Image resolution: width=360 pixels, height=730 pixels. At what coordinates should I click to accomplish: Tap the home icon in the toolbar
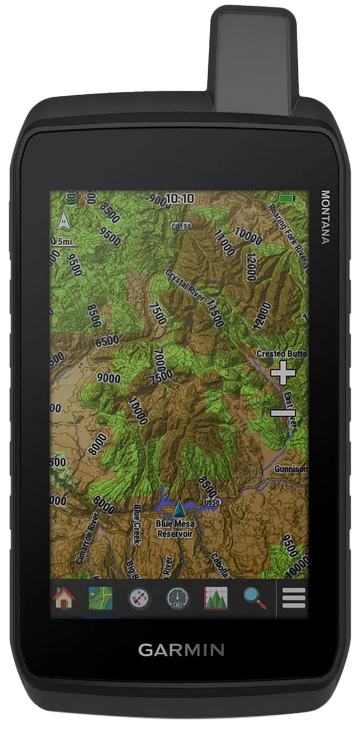pos(64,598)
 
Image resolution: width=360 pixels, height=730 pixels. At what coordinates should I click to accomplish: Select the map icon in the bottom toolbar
pos(100,598)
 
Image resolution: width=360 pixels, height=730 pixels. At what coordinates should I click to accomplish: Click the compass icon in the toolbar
pos(139,598)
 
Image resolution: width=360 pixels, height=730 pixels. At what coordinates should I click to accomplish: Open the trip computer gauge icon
pos(177,598)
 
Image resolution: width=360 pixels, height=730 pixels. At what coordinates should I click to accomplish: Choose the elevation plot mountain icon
pos(216,598)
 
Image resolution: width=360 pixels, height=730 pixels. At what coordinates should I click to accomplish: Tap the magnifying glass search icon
pos(254,598)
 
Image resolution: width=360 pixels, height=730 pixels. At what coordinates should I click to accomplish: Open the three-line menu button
pos(294,598)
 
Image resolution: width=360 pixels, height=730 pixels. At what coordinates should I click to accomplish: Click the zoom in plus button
pos(282,374)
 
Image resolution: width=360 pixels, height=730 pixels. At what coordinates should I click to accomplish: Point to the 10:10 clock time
pos(180,198)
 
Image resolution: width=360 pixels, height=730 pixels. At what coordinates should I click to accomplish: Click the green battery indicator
pos(286,198)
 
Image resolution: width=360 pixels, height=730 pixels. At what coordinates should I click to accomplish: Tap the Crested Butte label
pos(282,354)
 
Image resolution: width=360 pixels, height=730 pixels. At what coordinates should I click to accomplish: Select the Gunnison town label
pos(290,469)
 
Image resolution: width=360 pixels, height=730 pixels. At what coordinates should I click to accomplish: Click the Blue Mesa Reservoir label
pos(175,529)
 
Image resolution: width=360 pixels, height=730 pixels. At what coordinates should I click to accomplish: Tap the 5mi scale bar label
pos(66,242)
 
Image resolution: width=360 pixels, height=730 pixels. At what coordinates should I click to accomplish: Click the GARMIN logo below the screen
pos(181,650)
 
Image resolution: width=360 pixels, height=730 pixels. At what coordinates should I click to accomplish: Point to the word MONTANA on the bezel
pos(325,217)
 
